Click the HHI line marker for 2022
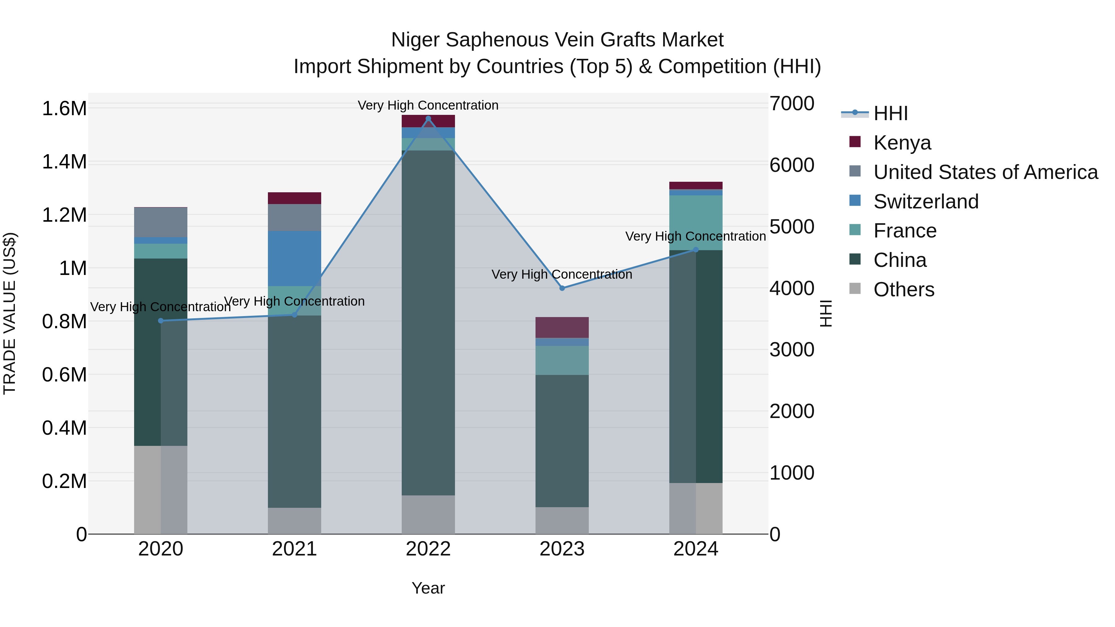[428, 119]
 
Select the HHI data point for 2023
[562, 288]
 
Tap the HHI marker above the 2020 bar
[160, 321]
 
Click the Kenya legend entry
[902, 143]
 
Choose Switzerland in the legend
[925, 202]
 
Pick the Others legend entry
[903, 290]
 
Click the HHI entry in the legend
[890, 113]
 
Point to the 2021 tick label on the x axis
[294, 549]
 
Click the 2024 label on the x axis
[696, 549]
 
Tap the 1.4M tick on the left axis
[64, 162]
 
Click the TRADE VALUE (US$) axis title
[10, 313]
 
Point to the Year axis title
[428, 588]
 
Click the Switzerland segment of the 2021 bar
[294, 258]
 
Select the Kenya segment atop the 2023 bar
[562, 327]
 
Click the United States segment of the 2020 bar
[160, 222]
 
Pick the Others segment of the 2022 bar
[428, 515]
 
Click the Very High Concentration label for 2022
[428, 105]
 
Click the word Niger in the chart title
[416, 40]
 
